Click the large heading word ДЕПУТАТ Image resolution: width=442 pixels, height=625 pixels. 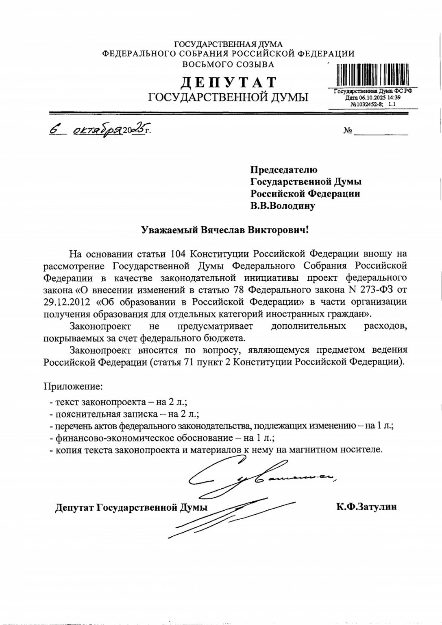228,82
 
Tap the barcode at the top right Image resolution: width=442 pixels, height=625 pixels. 372,76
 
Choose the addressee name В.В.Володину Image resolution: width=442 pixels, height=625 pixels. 283,206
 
